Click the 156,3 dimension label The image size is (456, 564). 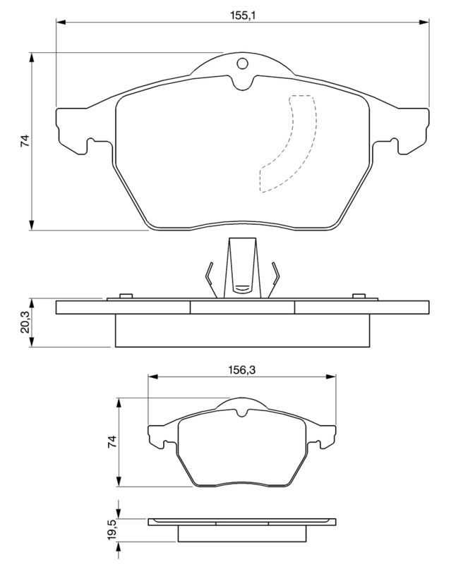tap(241, 369)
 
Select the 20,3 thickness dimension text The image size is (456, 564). tap(25, 322)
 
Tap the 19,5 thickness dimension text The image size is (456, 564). tap(112, 529)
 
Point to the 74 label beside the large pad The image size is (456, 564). tap(25, 140)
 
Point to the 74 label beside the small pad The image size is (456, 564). tap(112, 441)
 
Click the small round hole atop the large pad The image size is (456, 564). tap(242, 63)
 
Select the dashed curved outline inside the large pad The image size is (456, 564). tap(288, 144)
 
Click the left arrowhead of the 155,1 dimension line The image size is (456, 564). tap(61, 23)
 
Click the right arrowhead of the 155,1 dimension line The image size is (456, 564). tap(424, 23)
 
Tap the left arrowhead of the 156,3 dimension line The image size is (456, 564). tap(153, 376)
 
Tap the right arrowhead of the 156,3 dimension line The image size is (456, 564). tap(330, 376)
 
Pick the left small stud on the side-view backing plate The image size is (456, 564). tap(126, 296)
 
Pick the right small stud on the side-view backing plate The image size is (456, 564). tap(359, 296)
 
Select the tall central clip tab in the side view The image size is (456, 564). tap(242, 268)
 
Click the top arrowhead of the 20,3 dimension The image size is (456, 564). tap(32, 303)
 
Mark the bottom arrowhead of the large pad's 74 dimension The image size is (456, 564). tap(32, 225)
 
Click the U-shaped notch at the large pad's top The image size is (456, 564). tap(242, 82)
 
